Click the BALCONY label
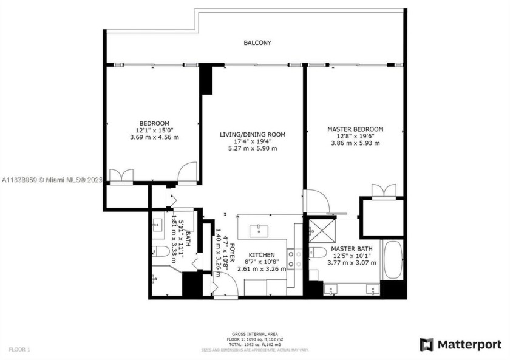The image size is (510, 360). click(x=257, y=43)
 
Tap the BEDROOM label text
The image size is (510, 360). click(x=154, y=123)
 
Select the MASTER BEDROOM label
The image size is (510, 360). click(x=355, y=129)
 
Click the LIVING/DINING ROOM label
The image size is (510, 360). click(x=252, y=134)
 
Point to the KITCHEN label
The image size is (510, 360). click(x=262, y=255)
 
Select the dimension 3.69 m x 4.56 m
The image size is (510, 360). click(x=154, y=137)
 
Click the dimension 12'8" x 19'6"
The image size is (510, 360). click(x=355, y=137)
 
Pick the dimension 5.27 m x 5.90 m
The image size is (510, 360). click(x=252, y=148)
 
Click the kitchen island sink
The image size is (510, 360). click(x=259, y=229)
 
